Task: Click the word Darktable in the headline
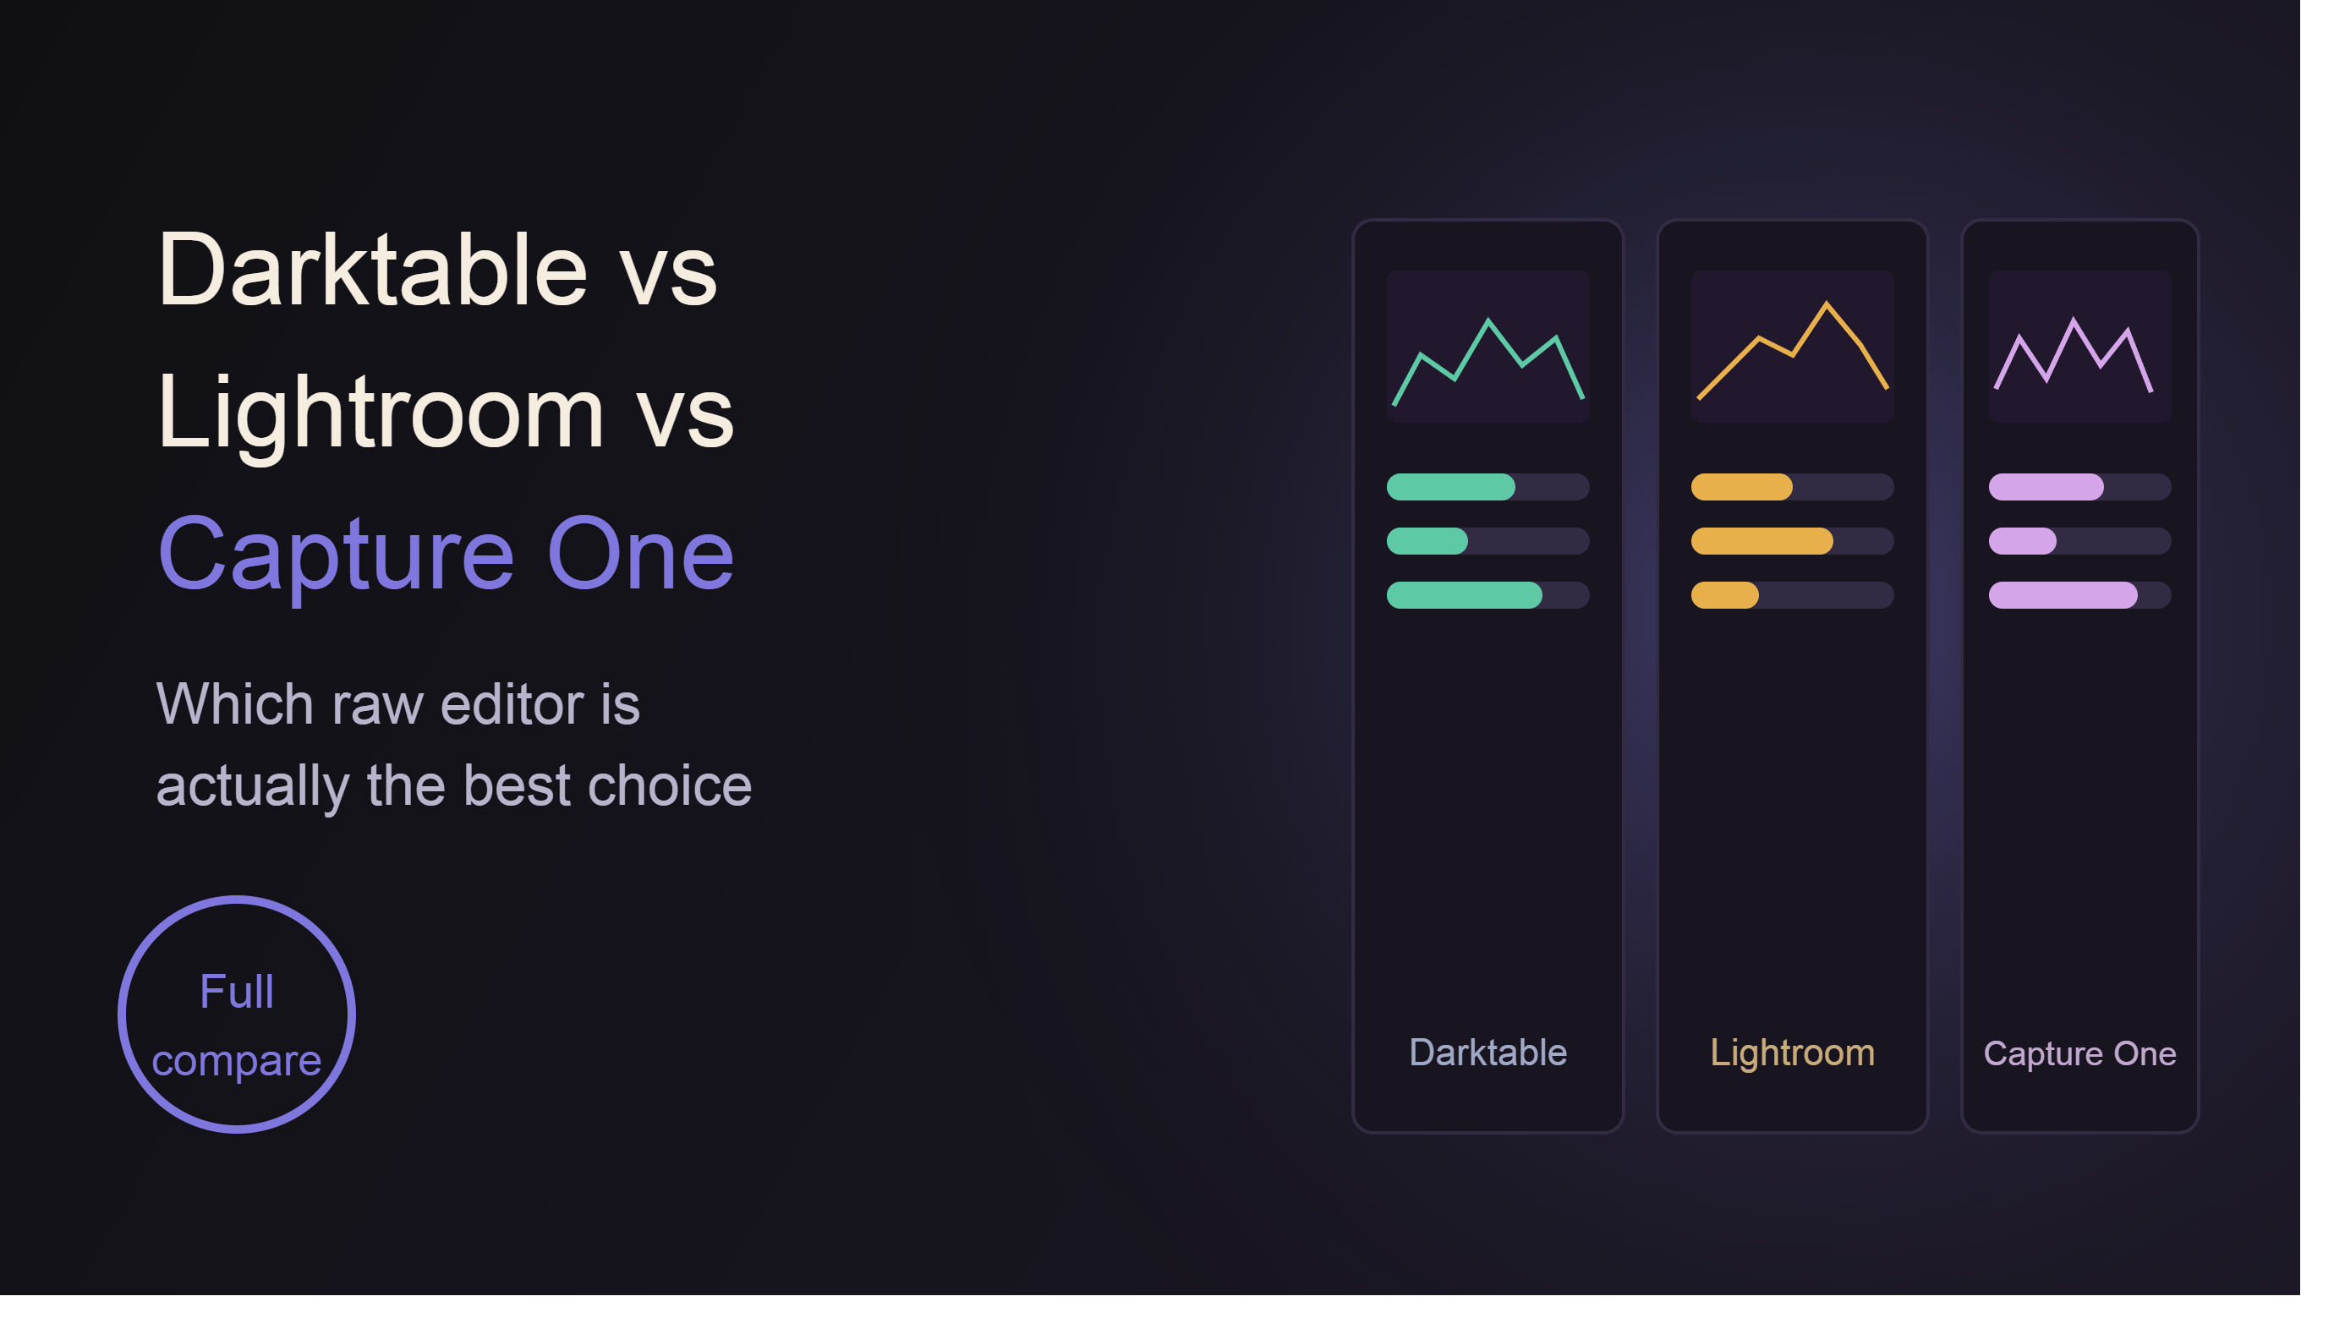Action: [x=372, y=270]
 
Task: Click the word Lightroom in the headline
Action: [x=381, y=413]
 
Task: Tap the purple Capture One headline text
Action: [x=447, y=555]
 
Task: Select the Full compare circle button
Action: [x=237, y=1015]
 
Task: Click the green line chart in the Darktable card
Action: [x=1488, y=363]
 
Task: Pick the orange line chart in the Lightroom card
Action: [x=1793, y=350]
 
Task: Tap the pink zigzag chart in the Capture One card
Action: [x=2074, y=355]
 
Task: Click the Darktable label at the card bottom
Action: [x=1488, y=1053]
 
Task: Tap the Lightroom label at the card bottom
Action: [x=1793, y=1053]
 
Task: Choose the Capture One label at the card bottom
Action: [x=2080, y=1053]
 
